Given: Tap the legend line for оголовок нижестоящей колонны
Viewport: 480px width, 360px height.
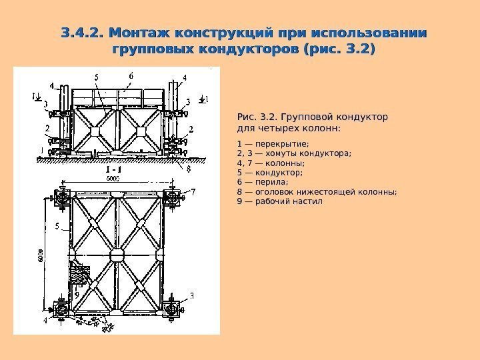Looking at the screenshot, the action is pos(317,191).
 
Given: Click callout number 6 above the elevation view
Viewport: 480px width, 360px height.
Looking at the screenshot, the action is pos(131,75).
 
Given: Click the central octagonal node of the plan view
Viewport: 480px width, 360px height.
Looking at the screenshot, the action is pos(118,256).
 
